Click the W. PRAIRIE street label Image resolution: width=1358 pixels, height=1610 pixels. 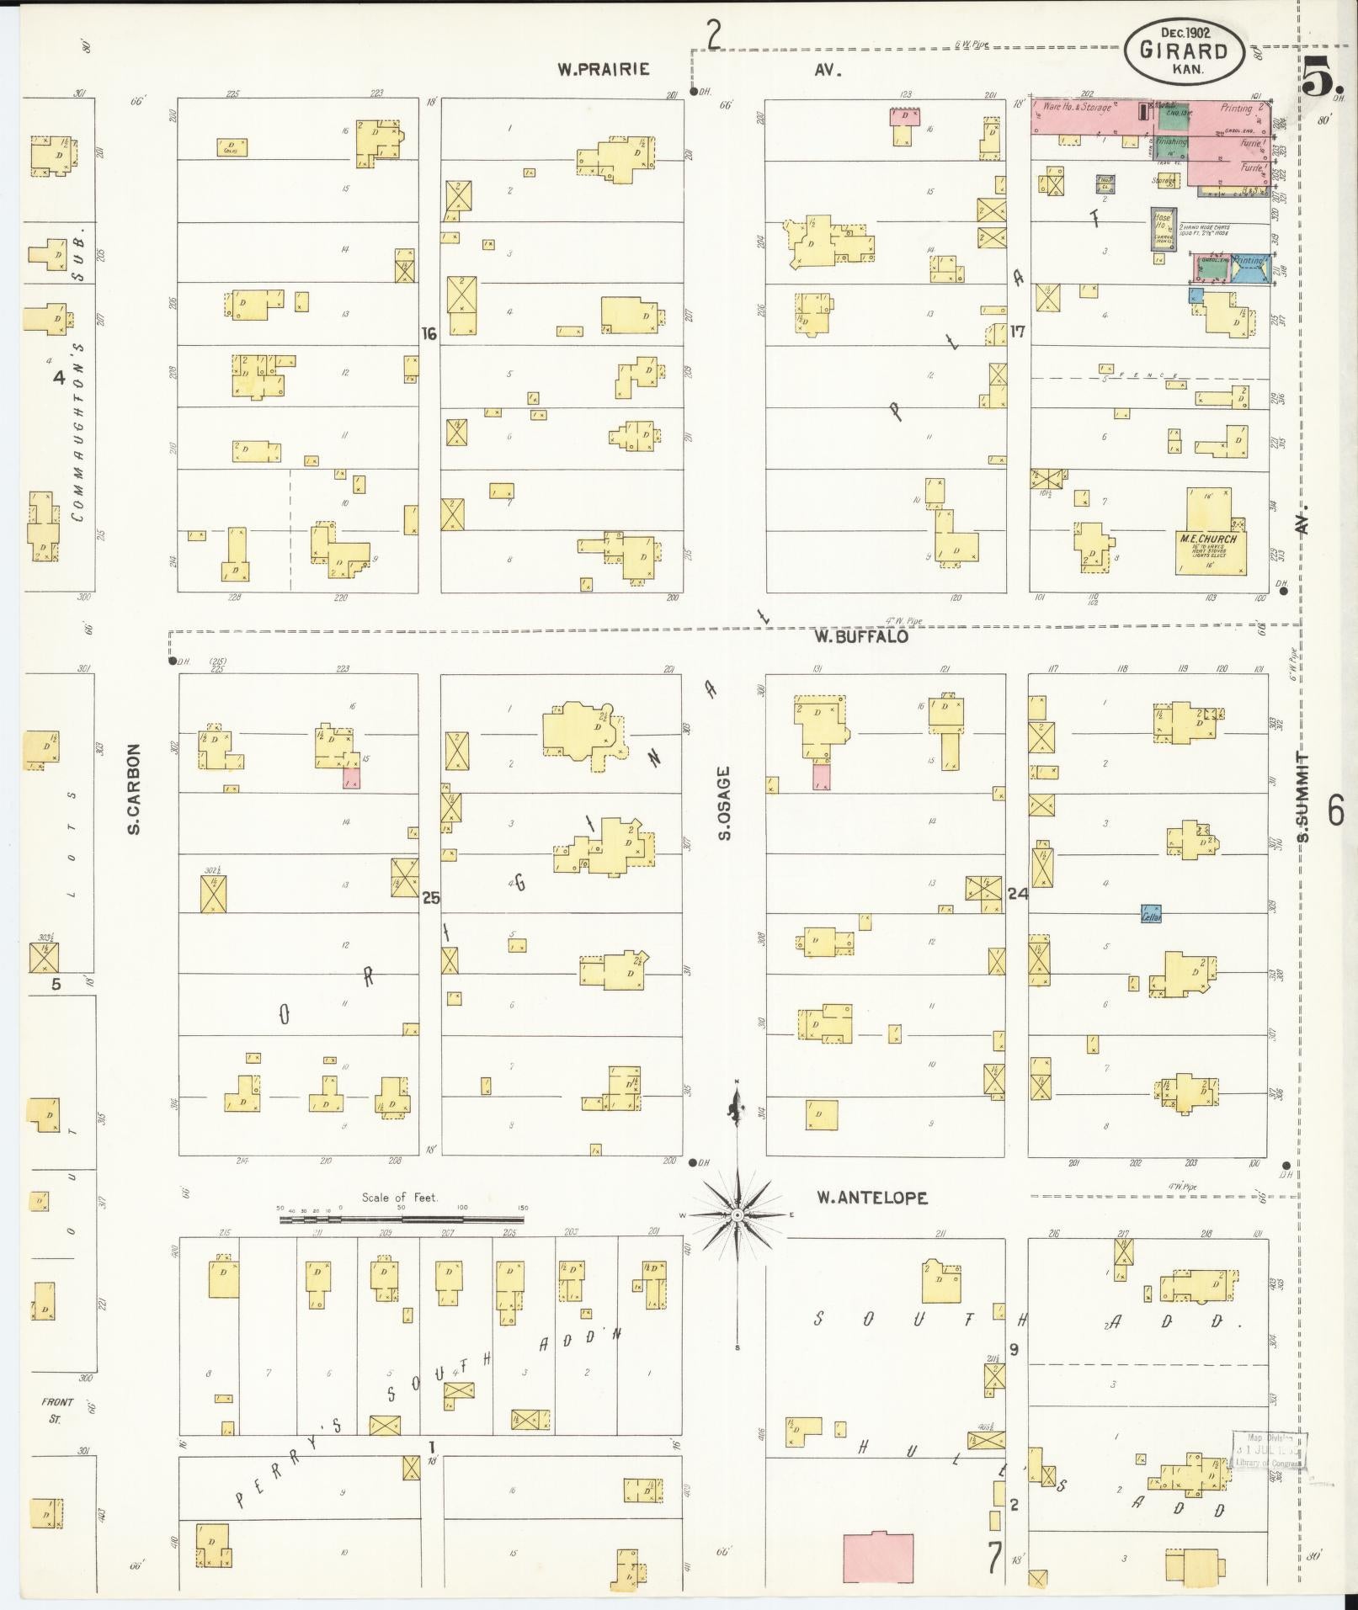[604, 69]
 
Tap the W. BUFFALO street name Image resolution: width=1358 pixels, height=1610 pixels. [860, 637]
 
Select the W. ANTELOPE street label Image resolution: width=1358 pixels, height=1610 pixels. [872, 1197]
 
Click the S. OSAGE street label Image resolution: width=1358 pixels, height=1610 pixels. [724, 803]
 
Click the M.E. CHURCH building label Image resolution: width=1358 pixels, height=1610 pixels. [1212, 539]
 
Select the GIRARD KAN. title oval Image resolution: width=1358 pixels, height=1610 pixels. [1185, 50]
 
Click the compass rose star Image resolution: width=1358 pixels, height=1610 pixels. [737, 1215]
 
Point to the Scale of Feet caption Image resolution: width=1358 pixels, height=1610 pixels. [400, 1197]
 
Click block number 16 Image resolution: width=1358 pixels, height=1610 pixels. [429, 334]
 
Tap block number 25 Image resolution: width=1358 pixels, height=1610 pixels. [430, 898]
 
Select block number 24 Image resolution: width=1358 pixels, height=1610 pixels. [1017, 894]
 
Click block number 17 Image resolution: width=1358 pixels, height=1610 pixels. [1017, 332]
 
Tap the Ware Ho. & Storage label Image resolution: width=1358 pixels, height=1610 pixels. [1077, 108]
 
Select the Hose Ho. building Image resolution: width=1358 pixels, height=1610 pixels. [1162, 229]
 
